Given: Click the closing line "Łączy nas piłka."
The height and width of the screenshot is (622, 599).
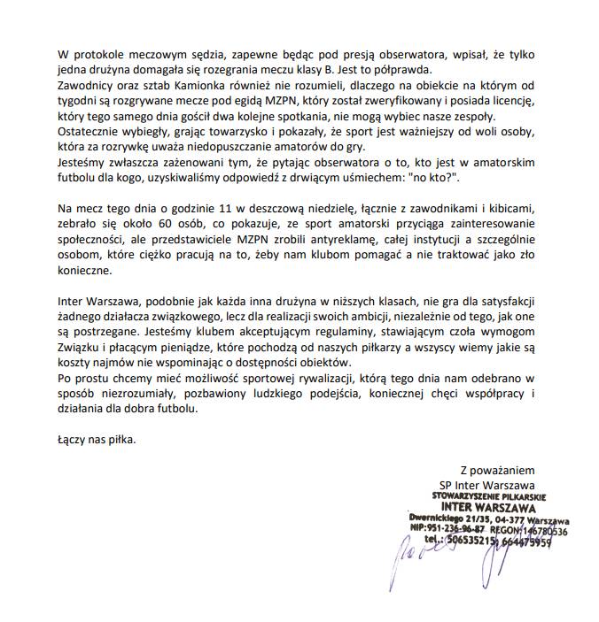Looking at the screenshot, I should [x=92, y=440].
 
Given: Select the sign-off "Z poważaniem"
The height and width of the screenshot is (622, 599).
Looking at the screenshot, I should [x=497, y=469].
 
